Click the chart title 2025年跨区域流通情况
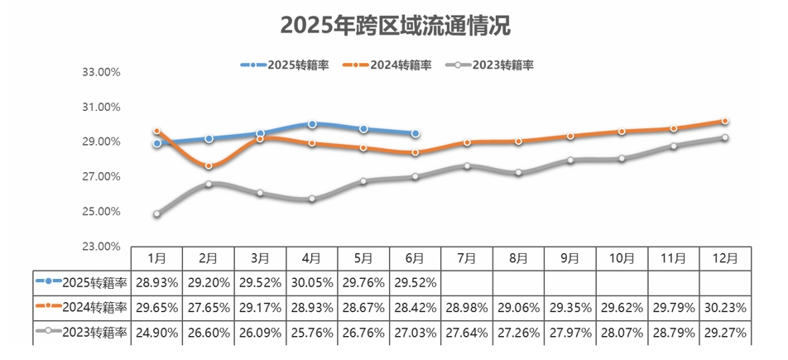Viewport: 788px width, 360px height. [x=395, y=26]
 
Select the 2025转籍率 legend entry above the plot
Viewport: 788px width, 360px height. [x=286, y=65]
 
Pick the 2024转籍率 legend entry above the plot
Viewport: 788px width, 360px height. [x=388, y=65]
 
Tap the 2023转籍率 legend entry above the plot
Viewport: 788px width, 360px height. [x=492, y=65]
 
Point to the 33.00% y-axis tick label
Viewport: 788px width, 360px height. [x=103, y=72]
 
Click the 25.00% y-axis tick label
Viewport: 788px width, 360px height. [x=103, y=212]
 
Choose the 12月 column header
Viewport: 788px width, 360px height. [x=725, y=258]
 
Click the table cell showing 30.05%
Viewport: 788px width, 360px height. [x=312, y=282]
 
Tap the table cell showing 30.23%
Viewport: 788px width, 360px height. [x=725, y=307]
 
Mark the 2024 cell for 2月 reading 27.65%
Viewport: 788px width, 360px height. [x=209, y=307]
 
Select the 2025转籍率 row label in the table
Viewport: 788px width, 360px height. [x=83, y=282]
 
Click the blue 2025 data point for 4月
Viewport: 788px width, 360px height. [x=312, y=124]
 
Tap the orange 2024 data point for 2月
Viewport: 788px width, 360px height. [x=209, y=166]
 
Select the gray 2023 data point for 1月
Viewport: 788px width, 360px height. [x=157, y=214]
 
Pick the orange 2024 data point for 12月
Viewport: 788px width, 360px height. [x=725, y=122]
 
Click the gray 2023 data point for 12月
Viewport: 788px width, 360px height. [x=725, y=138]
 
